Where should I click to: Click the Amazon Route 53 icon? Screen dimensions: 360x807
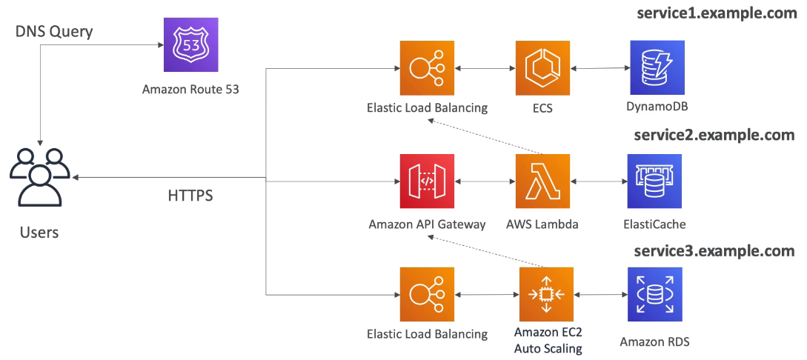point(190,45)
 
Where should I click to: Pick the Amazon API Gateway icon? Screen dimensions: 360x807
point(426,181)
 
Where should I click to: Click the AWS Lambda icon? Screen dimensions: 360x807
point(542,181)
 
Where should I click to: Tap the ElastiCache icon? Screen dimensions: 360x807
point(654,181)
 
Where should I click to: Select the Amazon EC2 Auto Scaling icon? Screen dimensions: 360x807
point(547,294)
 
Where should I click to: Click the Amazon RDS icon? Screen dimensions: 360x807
point(654,294)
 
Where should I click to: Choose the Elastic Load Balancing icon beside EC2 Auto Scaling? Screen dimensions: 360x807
point(426,294)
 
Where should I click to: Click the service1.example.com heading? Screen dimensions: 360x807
point(717,14)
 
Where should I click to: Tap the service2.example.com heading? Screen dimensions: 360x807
point(714,135)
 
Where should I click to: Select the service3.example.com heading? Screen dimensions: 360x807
point(714,251)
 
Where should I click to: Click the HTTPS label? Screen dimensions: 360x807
point(190,196)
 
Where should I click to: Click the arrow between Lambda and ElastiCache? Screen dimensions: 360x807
point(599,181)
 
